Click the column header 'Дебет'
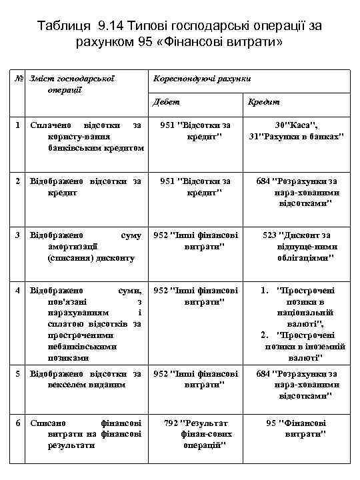166,101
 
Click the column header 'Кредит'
263,101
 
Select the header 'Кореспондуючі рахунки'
202,79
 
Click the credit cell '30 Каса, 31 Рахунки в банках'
296,131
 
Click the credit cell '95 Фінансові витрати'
296,428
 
